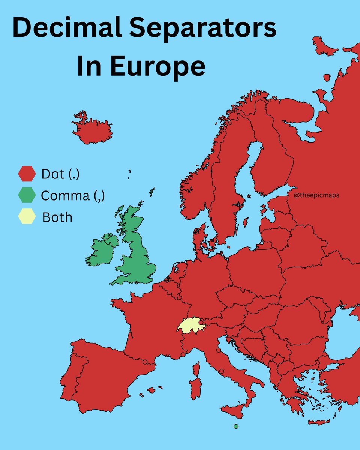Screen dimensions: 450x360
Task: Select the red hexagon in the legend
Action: click(27, 174)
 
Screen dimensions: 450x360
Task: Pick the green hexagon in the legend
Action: click(27, 196)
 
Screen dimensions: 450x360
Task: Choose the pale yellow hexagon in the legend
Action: click(27, 217)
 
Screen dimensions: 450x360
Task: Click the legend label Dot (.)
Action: click(60, 174)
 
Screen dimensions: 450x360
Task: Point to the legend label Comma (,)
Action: click(72, 196)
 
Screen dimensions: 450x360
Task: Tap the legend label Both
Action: click(57, 217)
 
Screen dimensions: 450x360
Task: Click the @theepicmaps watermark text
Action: click(317, 195)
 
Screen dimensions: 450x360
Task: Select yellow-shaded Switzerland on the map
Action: click(191, 325)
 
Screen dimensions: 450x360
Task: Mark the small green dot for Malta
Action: click(236, 426)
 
